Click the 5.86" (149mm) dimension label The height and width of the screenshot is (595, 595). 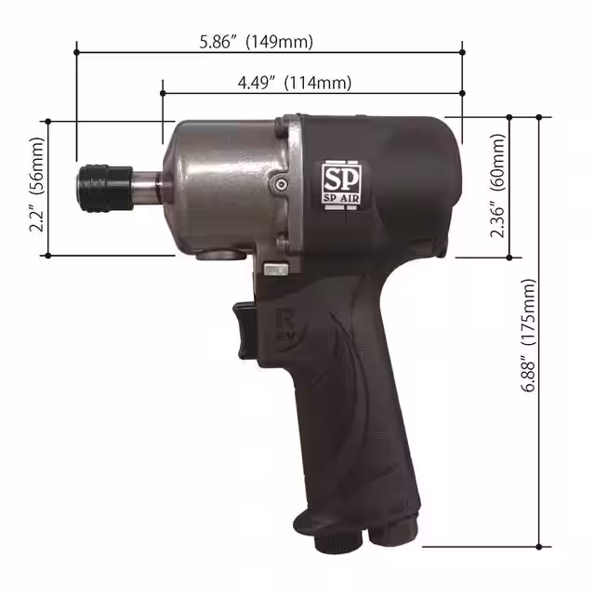coord(257,41)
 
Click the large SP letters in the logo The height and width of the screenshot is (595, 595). coord(338,178)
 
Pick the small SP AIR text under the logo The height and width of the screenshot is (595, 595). coord(338,198)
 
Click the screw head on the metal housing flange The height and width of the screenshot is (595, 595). coord(280,184)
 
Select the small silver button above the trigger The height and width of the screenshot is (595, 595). coord(274,270)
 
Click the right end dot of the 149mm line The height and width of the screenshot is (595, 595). coord(463,52)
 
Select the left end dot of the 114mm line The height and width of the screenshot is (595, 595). coord(163,93)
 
